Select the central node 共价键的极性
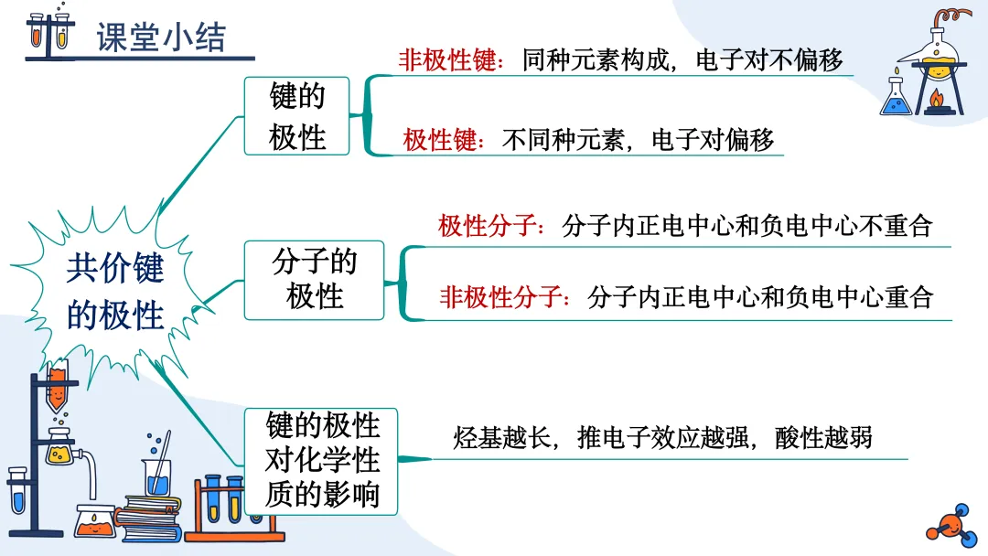[115, 292]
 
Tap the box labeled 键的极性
[297, 116]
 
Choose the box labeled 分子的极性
[315, 280]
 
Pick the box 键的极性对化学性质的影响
[322, 460]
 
